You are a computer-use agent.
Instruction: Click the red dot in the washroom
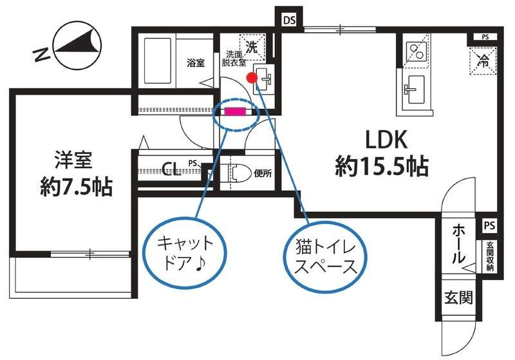coord(252,78)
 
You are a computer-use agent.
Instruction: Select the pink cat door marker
coord(234,111)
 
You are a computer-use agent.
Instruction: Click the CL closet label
coord(171,169)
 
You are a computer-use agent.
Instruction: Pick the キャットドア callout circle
coord(184,251)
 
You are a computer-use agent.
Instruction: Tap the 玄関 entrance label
coord(458,298)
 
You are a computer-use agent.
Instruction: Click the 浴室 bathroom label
coord(196,62)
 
